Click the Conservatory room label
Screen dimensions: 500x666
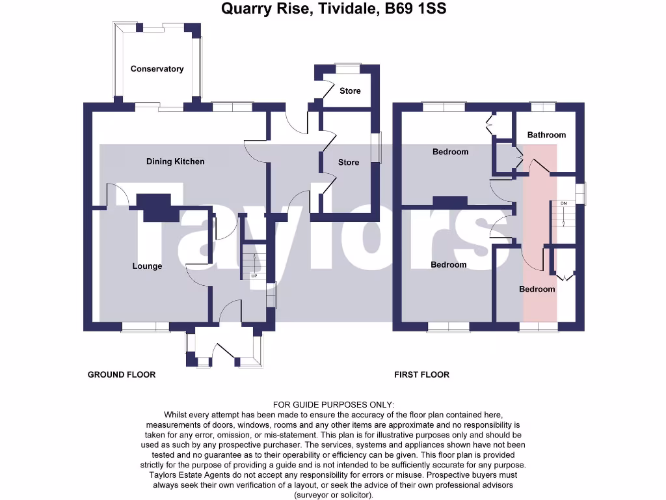coord(157,69)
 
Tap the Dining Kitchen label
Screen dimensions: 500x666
coord(175,161)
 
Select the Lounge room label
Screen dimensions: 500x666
coord(147,266)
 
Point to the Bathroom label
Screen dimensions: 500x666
coord(546,135)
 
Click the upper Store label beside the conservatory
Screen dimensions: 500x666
coord(350,90)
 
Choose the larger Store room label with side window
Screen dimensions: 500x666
coord(349,162)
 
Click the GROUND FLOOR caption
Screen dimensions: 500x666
coord(122,374)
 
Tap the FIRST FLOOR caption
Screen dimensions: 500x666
coord(421,374)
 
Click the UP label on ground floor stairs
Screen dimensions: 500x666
coord(254,276)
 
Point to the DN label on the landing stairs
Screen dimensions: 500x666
coord(563,204)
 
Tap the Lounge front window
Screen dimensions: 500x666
coord(144,327)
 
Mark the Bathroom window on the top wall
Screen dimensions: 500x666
coord(542,105)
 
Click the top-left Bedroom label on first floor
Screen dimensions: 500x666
coord(450,152)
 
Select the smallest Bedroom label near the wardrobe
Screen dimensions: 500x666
coord(537,289)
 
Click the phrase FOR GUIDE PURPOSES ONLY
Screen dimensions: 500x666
coord(333,405)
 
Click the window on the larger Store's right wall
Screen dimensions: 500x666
coord(377,146)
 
